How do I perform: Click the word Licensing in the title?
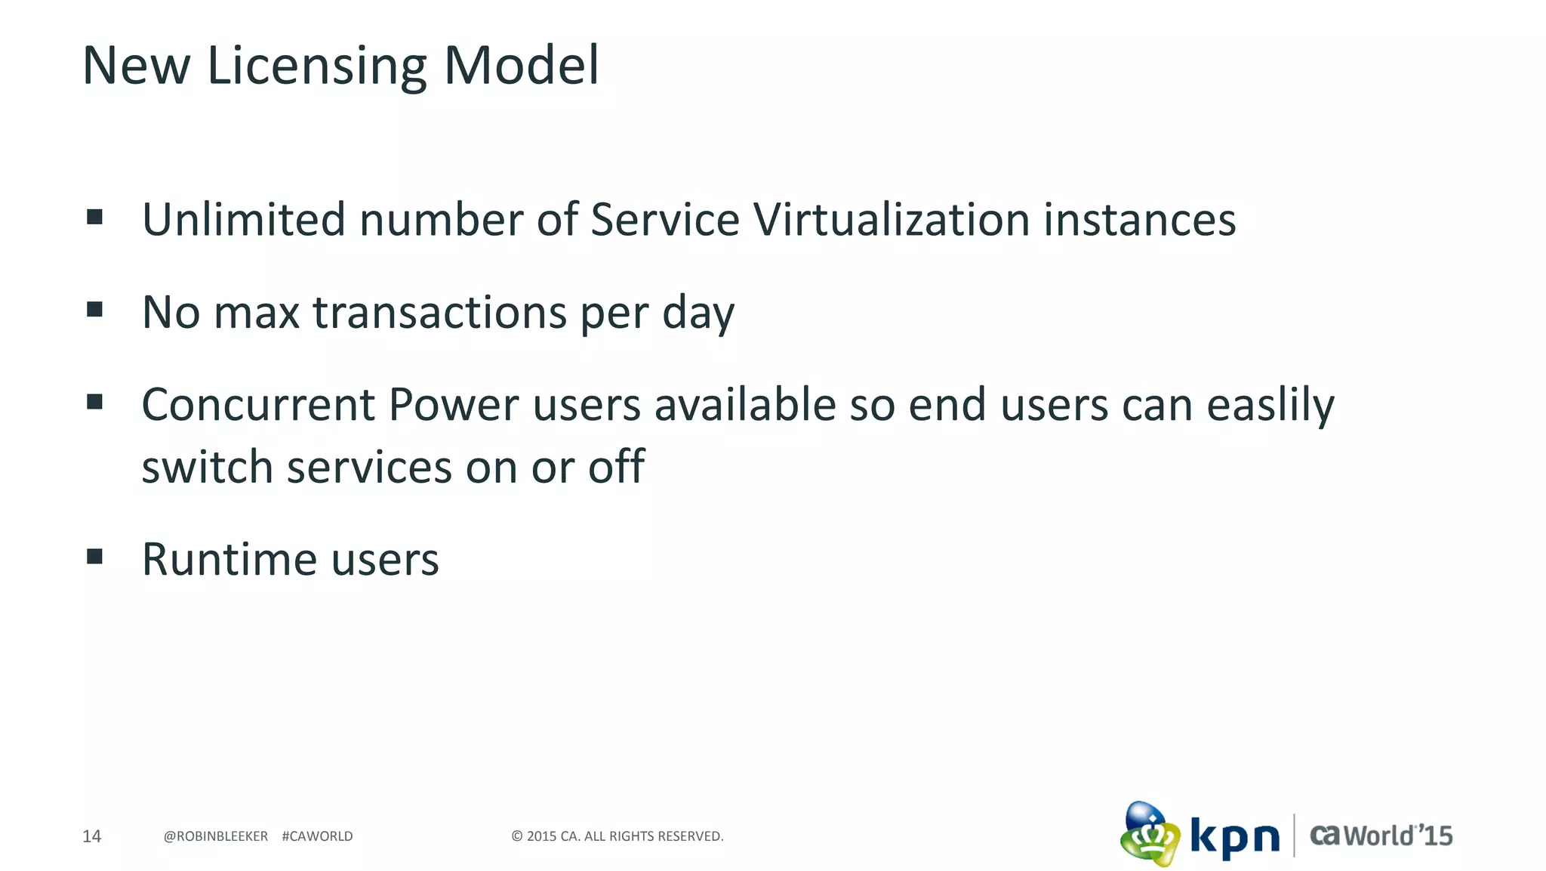(x=316, y=66)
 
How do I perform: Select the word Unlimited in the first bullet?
(x=244, y=220)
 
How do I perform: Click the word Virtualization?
(x=892, y=220)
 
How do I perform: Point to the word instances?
(x=1139, y=220)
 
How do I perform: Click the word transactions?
(x=439, y=313)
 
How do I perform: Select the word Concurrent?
(x=258, y=405)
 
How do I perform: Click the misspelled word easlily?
(x=1270, y=406)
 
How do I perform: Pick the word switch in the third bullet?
(x=207, y=467)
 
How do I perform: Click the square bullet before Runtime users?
(x=94, y=558)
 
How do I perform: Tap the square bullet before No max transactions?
(x=94, y=310)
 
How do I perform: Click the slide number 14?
(x=91, y=836)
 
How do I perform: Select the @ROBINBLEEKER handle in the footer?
(x=216, y=836)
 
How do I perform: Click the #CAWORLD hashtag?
(x=317, y=836)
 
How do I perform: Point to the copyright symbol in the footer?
(x=517, y=836)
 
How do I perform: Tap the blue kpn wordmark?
(x=1235, y=837)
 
